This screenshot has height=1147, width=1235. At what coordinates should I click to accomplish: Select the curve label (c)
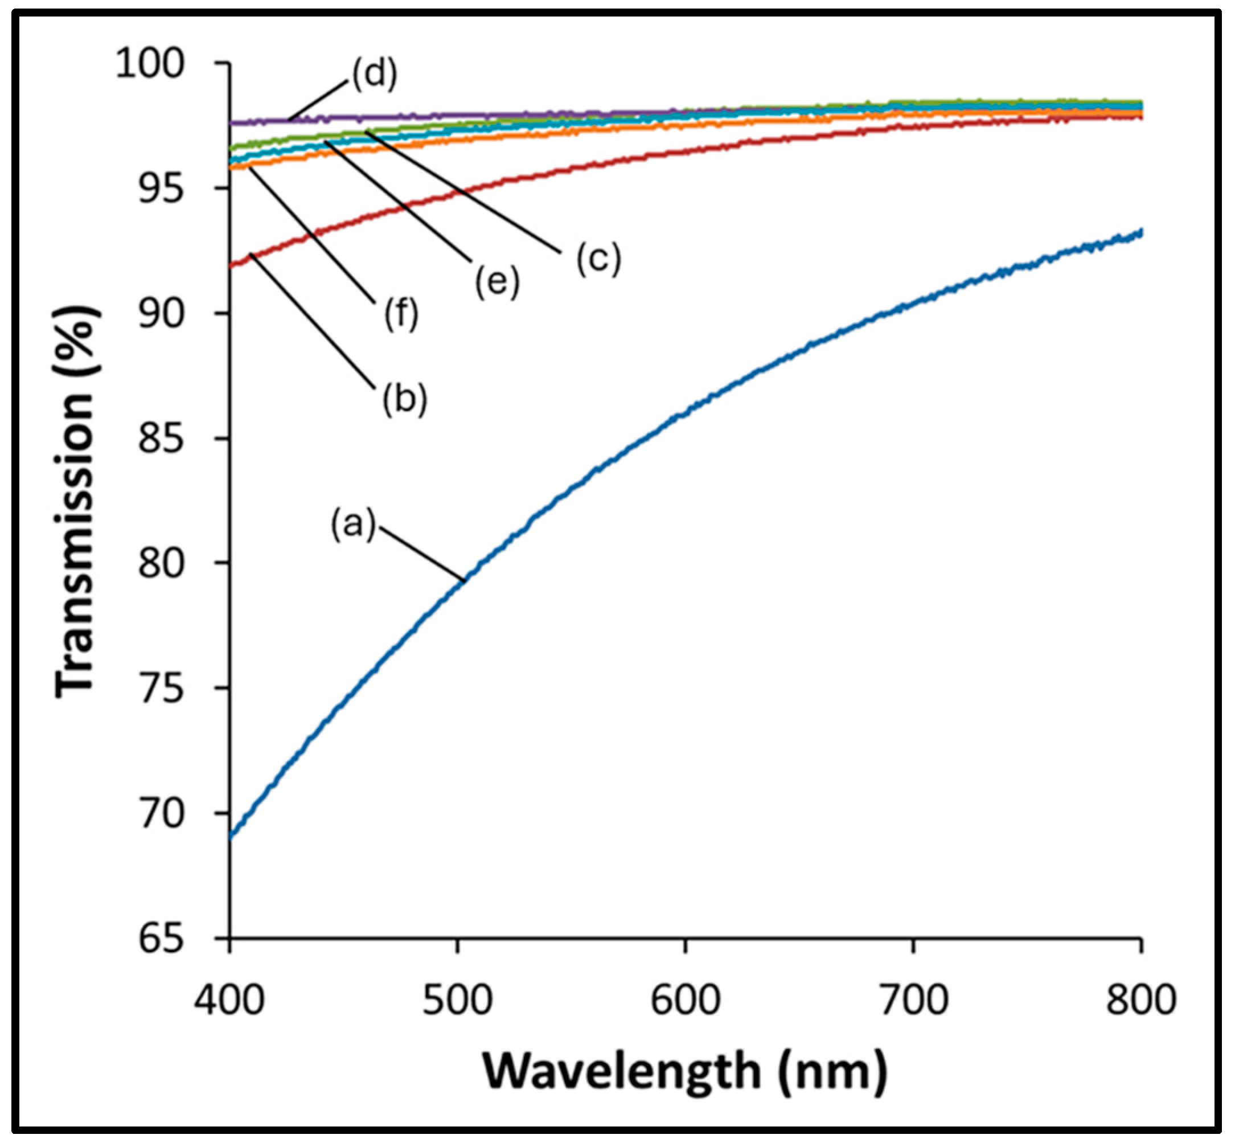pyautogui.click(x=598, y=257)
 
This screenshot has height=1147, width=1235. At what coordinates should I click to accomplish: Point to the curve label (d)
pyautogui.click(x=375, y=74)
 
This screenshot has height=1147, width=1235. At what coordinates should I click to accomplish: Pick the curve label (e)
pyautogui.click(x=497, y=282)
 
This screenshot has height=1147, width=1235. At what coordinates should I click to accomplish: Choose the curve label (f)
pyautogui.click(x=401, y=313)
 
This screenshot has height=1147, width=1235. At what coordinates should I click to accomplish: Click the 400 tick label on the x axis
pyautogui.click(x=229, y=1000)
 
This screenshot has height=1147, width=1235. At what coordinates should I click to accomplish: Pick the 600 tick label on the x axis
pyautogui.click(x=685, y=1000)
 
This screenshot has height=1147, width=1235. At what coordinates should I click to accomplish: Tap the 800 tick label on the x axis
pyautogui.click(x=1140, y=1000)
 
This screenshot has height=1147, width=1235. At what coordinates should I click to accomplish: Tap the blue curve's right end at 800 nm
pyautogui.click(x=1140, y=232)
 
